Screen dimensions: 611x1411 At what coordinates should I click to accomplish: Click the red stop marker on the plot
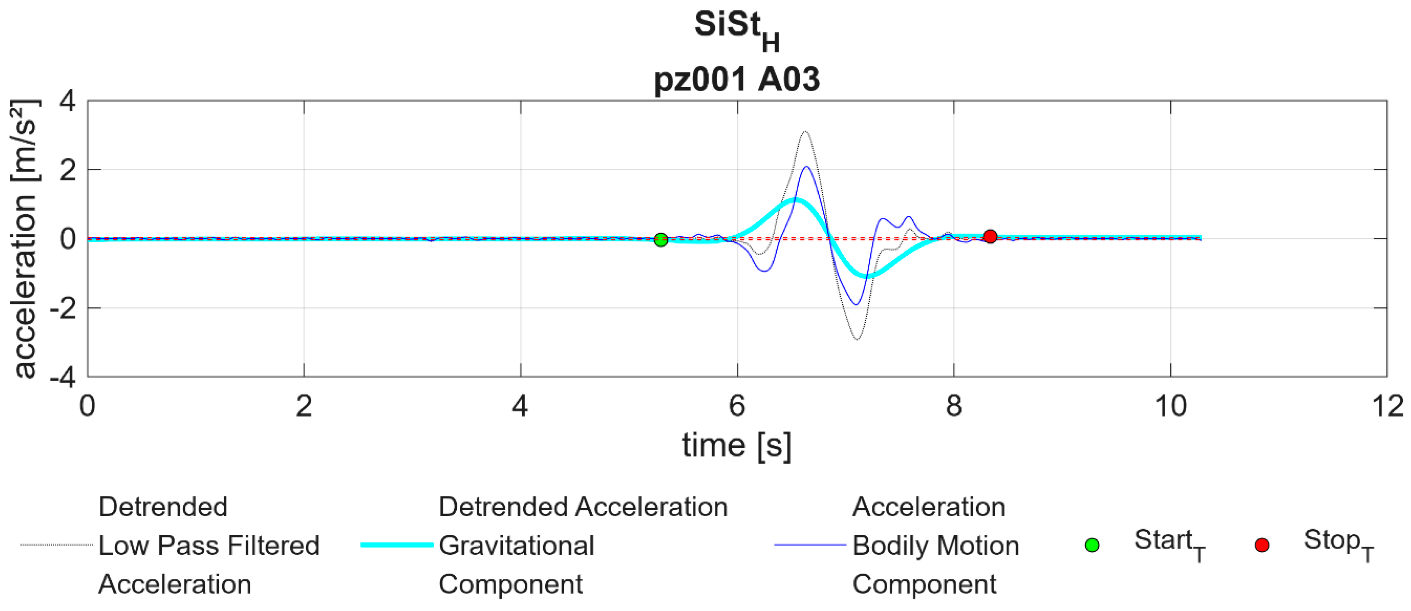click(x=990, y=236)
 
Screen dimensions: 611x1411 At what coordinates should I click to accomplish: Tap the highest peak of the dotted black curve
click(x=805, y=131)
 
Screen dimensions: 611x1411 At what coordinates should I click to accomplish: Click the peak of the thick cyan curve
click(x=796, y=200)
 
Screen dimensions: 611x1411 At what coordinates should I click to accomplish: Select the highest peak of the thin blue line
click(x=807, y=166)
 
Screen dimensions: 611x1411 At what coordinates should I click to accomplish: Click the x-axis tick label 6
click(x=737, y=406)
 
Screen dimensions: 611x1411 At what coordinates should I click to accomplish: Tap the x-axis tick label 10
click(x=1171, y=406)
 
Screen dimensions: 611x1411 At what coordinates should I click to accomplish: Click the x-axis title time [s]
click(x=737, y=445)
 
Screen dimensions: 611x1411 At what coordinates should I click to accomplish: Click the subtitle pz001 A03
click(x=737, y=79)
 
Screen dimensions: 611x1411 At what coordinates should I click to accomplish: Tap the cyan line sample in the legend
click(x=397, y=545)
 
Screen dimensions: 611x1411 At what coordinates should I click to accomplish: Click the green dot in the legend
click(x=1092, y=545)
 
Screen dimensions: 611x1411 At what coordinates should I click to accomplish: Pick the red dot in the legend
click(x=1262, y=545)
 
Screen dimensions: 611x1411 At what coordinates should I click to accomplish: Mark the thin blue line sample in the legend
click(x=810, y=545)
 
